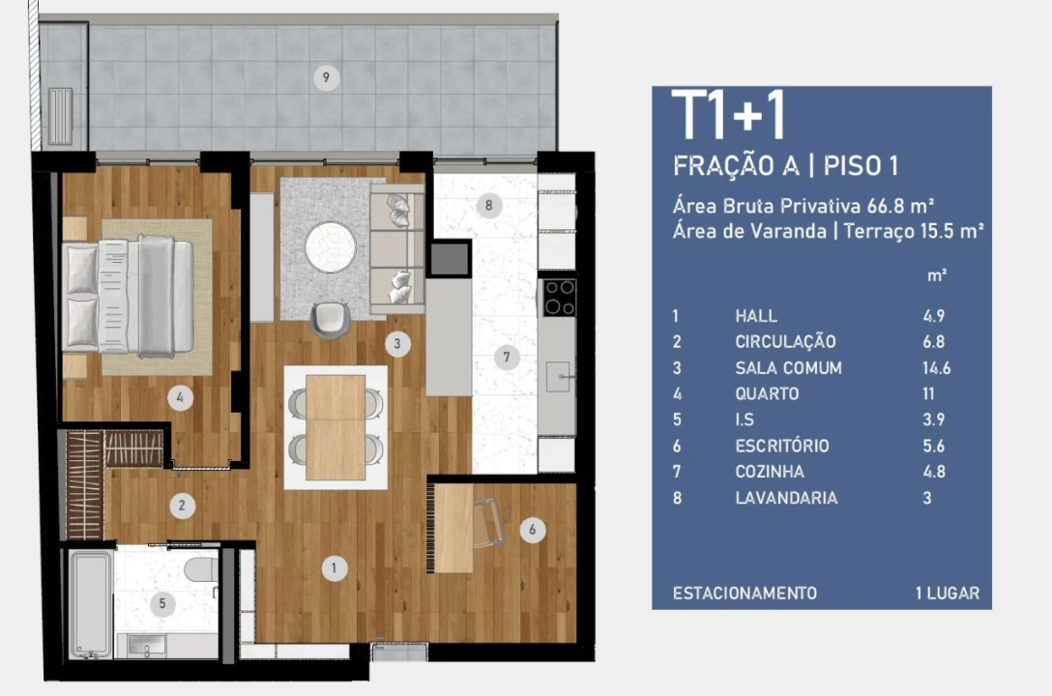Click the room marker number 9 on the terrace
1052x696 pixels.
326,77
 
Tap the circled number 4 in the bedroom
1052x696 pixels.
180,397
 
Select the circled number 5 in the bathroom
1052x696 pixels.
162,603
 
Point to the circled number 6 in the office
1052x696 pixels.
533,530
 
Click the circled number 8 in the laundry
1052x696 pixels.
488,205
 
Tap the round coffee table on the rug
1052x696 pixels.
330,246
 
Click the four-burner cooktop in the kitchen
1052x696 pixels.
560,298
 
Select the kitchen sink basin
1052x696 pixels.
558,376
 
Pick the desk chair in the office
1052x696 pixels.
489,522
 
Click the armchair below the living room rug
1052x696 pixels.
331,320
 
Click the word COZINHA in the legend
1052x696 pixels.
770,472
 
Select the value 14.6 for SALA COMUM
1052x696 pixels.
936,367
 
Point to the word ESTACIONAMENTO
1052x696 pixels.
745,593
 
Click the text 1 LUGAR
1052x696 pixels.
948,593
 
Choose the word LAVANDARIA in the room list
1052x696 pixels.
786,498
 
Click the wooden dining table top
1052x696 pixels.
336,427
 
